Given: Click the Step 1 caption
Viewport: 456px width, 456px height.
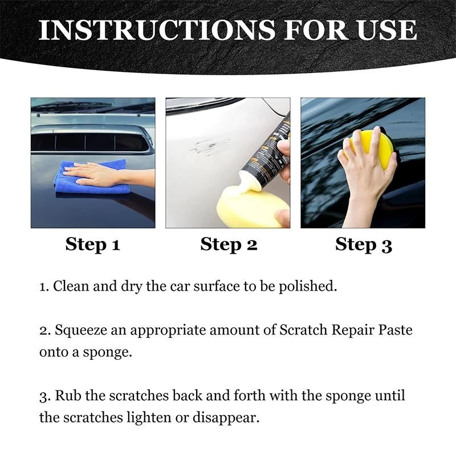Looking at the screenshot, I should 92,245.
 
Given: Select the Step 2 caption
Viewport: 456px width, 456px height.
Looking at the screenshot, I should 229,245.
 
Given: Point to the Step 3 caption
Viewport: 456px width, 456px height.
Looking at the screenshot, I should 363,245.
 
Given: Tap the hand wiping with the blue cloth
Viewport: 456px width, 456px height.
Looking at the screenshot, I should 94,174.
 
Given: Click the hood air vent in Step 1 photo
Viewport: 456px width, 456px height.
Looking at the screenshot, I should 91,141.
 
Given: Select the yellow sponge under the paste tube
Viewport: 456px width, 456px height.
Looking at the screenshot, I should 248,208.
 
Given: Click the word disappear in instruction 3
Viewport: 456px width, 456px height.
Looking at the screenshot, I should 229,417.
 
